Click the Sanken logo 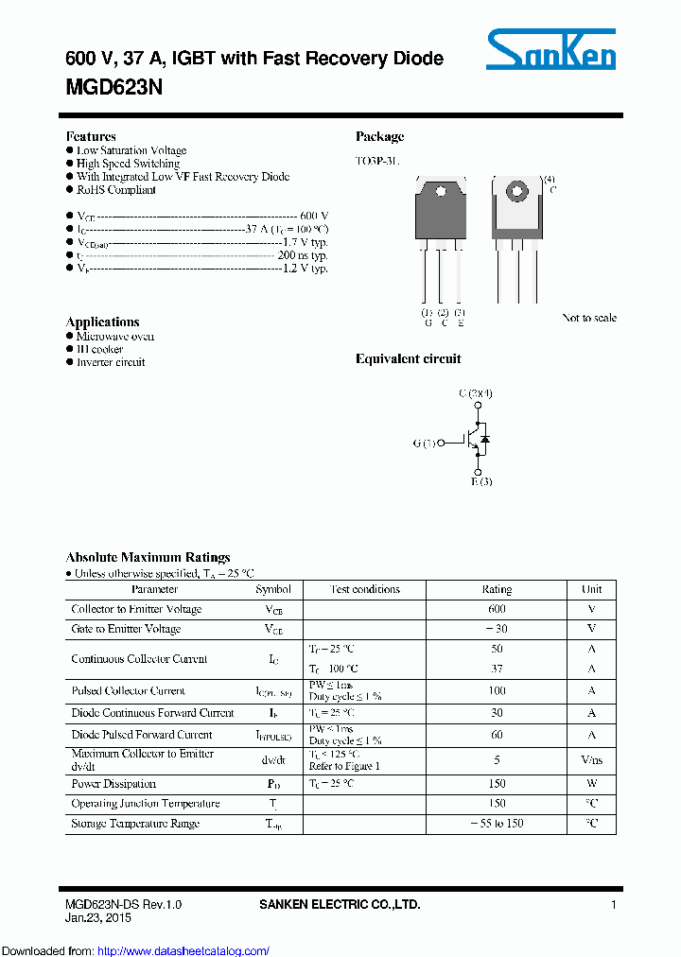pyautogui.click(x=550, y=49)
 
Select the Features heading pyautogui.click(x=91, y=136)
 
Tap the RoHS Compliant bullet pyautogui.click(x=115, y=190)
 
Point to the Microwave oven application pyautogui.click(x=114, y=337)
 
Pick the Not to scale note pyautogui.click(x=588, y=318)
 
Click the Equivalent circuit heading pyautogui.click(x=408, y=359)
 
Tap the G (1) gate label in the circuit pyautogui.click(x=425, y=442)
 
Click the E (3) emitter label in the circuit pyautogui.click(x=481, y=482)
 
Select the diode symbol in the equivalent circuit pyautogui.click(x=484, y=440)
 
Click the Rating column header pyautogui.click(x=497, y=589)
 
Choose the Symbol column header pyautogui.click(x=273, y=589)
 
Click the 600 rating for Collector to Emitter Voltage pyautogui.click(x=497, y=609)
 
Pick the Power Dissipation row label pyautogui.click(x=113, y=784)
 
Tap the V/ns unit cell pyautogui.click(x=591, y=759)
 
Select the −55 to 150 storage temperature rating pyautogui.click(x=497, y=824)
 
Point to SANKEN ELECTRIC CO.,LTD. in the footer pyautogui.click(x=340, y=905)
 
